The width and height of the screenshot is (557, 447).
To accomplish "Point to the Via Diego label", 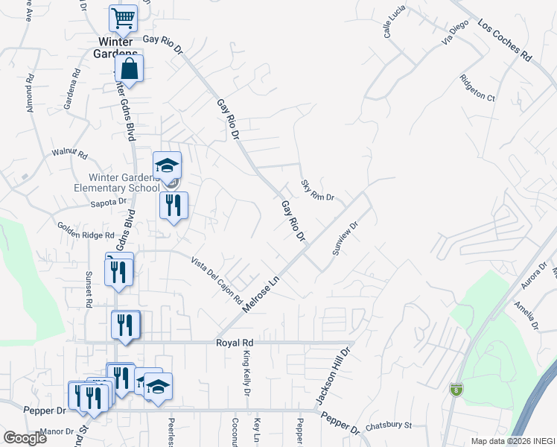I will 455,34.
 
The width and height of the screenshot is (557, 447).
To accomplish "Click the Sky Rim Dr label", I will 318,189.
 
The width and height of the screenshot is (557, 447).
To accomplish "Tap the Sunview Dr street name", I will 346,237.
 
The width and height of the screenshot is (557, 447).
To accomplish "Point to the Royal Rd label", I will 235,343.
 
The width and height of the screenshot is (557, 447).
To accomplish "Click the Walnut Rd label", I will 69,154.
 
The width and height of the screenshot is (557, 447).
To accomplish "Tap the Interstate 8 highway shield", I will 456,389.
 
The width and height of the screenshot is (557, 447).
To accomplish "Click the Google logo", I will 25,437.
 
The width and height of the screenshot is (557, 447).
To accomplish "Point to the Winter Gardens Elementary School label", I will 123,183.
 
